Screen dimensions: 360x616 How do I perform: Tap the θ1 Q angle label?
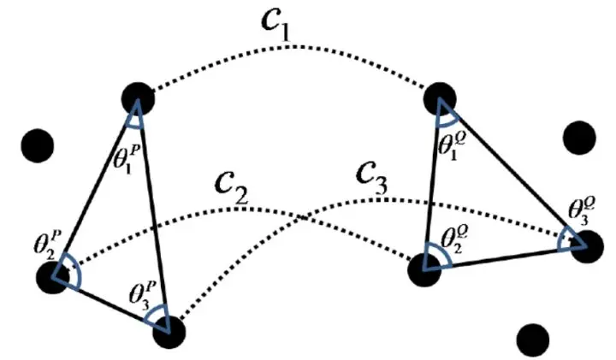tap(453, 145)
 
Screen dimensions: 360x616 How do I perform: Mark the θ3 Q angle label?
tap(582, 210)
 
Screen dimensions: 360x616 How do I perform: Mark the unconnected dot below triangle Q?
tap(533, 338)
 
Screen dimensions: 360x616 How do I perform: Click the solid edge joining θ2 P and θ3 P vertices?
tap(110, 304)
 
